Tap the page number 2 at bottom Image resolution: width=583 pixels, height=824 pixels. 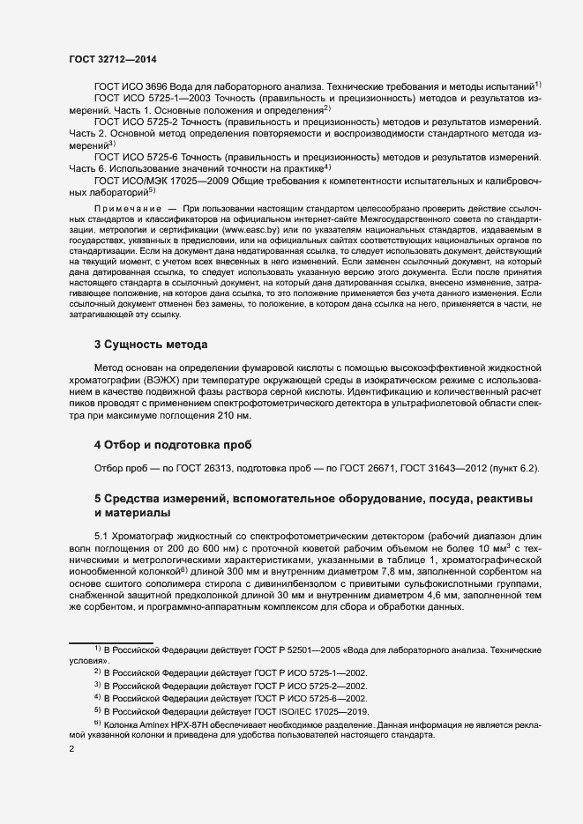click(71, 749)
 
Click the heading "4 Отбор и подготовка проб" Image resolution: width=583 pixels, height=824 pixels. click(172, 443)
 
